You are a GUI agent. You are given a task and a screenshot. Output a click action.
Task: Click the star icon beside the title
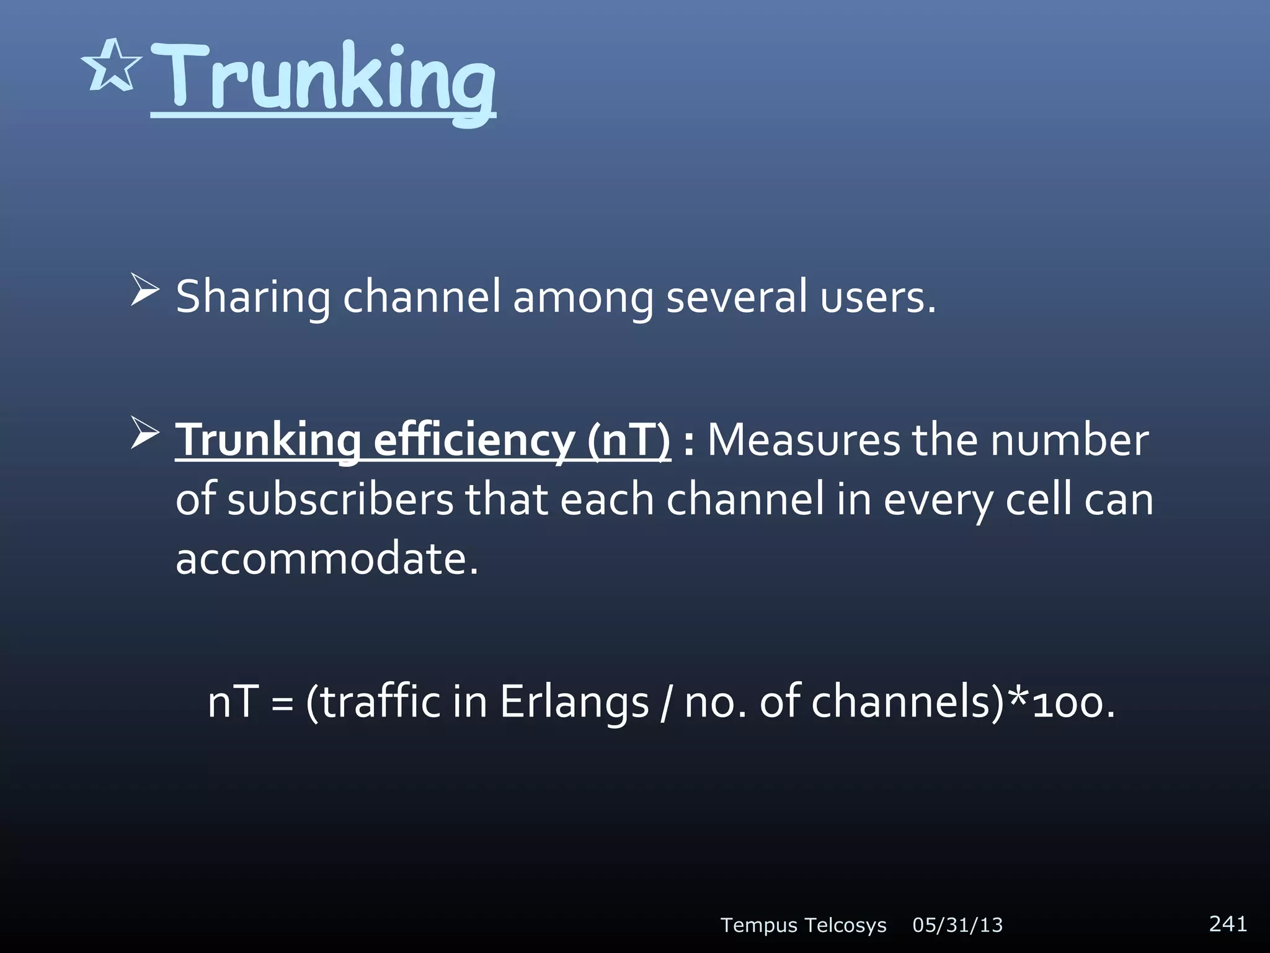coord(112,66)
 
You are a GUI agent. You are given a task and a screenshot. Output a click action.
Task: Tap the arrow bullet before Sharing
coord(145,292)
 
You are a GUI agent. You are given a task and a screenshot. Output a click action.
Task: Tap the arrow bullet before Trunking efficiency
coord(145,434)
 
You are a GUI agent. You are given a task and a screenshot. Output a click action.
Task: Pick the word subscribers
coord(340,499)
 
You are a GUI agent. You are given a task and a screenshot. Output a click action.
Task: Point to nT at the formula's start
coord(233,702)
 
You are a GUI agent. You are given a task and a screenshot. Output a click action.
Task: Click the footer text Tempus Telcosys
coord(803,925)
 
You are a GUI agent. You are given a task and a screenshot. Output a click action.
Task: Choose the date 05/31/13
coord(957,925)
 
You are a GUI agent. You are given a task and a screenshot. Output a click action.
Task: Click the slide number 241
coord(1228,923)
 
